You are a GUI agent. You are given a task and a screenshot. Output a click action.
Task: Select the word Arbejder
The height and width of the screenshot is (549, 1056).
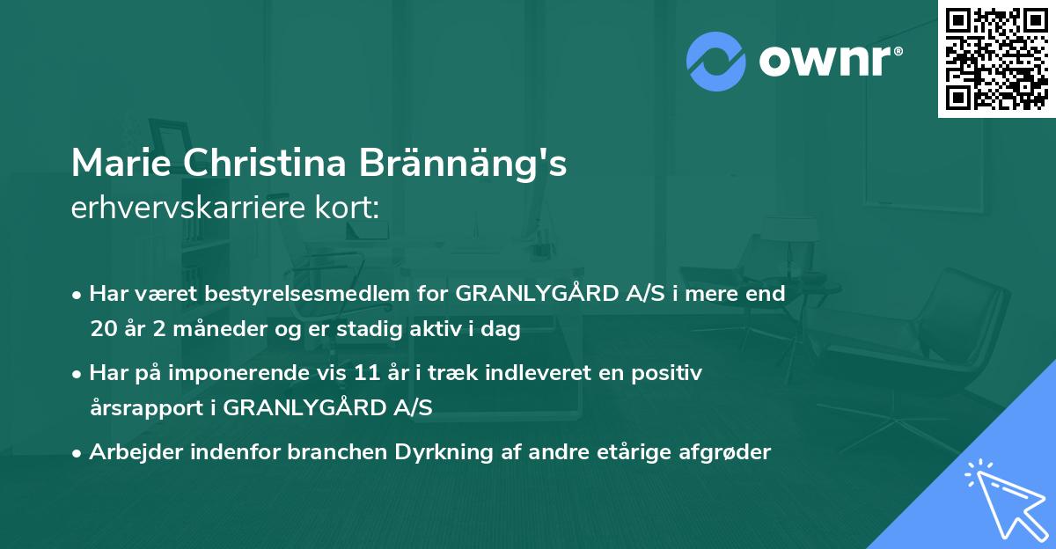[131, 452]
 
